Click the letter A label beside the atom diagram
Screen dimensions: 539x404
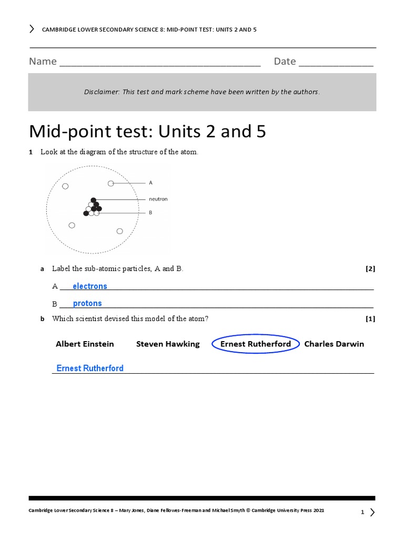coord(150,183)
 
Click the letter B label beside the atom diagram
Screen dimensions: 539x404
coord(150,213)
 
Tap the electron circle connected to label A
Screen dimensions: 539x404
coord(111,183)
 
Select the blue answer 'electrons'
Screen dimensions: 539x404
coord(90,286)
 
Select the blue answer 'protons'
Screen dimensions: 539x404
coord(87,303)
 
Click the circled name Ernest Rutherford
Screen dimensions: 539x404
coord(255,344)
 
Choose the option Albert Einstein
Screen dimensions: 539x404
coord(85,344)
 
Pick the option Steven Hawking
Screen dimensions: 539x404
coord(168,344)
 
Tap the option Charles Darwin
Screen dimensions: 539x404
coord(334,344)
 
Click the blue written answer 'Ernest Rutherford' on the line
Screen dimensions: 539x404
coord(90,368)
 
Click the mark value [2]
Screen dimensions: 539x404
coord(370,268)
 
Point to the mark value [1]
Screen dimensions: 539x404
coord(370,318)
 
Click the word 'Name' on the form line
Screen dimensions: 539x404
coord(43,62)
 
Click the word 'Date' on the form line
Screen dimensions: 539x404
coord(285,62)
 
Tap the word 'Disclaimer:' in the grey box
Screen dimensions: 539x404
coord(102,92)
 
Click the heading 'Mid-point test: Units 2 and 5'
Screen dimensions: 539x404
coord(147,131)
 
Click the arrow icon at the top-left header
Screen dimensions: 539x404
coord(32,29)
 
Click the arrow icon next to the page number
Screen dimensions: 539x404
coord(372,512)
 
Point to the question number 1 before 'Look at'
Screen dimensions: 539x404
coord(31,152)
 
